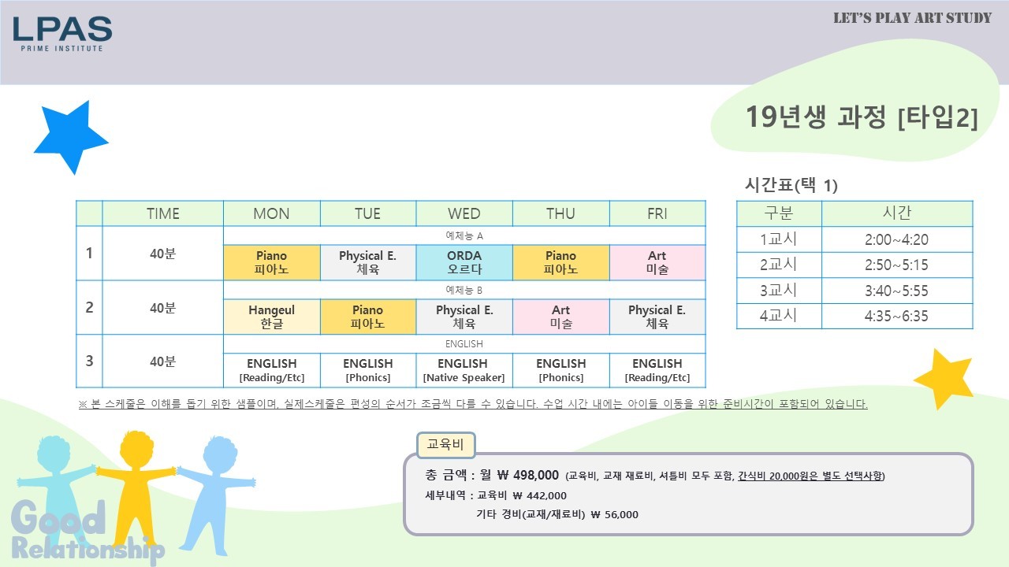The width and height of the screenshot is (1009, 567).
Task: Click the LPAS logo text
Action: [x=62, y=29]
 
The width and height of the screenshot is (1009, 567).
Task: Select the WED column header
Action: [x=464, y=213]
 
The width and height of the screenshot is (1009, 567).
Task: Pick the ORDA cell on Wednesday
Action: [x=464, y=262]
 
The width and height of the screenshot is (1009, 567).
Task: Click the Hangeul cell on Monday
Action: [x=272, y=317]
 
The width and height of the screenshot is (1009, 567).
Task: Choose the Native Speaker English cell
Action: [x=464, y=370]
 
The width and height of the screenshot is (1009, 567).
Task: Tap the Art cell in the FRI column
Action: [x=657, y=262]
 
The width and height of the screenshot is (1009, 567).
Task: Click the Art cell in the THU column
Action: [x=560, y=317]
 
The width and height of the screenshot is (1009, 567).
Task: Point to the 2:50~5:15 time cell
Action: [x=897, y=265]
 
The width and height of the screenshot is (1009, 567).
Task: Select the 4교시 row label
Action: [x=779, y=316]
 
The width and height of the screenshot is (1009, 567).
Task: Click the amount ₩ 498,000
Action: [x=528, y=475]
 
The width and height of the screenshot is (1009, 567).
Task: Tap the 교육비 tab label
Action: [x=445, y=445]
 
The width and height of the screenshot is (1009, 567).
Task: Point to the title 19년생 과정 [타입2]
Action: [x=862, y=117]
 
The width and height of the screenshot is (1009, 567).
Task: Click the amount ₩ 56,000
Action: [x=614, y=514]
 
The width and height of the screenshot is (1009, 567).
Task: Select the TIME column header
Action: [x=162, y=213]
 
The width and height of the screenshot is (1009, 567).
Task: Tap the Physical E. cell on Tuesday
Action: [x=367, y=262]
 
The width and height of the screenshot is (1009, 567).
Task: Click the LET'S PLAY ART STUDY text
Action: [x=912, y=18]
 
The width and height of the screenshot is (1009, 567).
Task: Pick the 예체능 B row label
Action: [x=464, y=290]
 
